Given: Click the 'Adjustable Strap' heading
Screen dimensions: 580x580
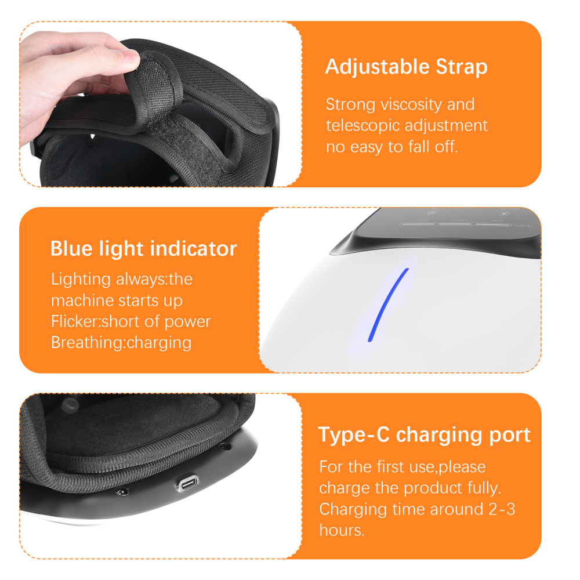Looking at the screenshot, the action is (x=406, y=67).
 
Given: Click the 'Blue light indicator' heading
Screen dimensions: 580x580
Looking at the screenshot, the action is (x=143, y=249).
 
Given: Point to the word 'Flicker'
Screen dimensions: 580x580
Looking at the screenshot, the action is (x=75, y=321).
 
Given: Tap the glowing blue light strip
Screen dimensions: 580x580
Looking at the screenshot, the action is (x=388, y=305).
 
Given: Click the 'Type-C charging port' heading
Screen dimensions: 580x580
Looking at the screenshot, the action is (x=425, y=434).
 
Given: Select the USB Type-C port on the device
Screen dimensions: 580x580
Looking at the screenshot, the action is (x=188, y=483).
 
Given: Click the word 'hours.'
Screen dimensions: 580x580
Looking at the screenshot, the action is (x=342, y=531).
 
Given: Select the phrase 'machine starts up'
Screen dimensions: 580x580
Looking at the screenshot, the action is (x=117, y=300).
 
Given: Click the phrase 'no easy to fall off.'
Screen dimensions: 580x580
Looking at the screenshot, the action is (x=391, y=147).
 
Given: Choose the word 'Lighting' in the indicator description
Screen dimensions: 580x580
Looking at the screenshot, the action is (x=81, y=280).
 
